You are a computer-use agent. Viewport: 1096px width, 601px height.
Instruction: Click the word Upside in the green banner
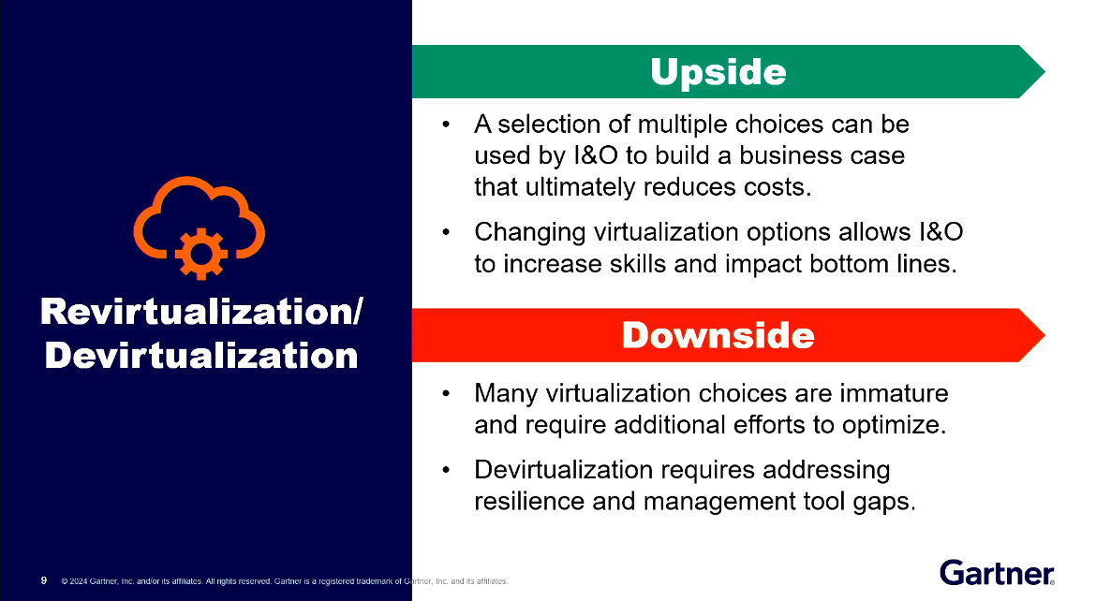718,72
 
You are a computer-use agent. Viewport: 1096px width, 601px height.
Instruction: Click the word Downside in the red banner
718,335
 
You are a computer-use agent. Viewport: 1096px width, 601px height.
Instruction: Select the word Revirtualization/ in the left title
200,314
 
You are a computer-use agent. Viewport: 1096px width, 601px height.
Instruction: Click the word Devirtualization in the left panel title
200,356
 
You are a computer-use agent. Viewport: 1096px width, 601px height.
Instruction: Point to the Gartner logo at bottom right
997,571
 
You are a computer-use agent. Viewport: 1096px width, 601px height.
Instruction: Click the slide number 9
44,580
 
